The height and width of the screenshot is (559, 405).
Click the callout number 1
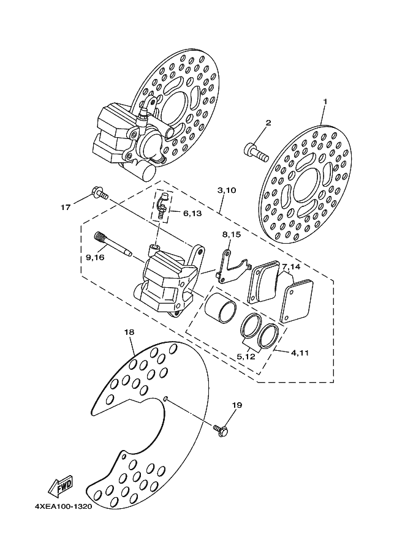click(325, 102)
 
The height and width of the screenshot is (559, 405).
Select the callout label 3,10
click(226, 191)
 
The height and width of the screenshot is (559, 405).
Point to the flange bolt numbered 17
click(99, 193)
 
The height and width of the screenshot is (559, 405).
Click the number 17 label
click(66, 208)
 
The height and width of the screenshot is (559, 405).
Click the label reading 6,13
click(192, 213)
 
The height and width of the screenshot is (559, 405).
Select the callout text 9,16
click(95, 258)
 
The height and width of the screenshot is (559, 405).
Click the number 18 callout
click(129, 332)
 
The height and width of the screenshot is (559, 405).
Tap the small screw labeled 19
click(222, 430)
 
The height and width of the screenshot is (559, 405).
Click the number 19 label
click(237, 405)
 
